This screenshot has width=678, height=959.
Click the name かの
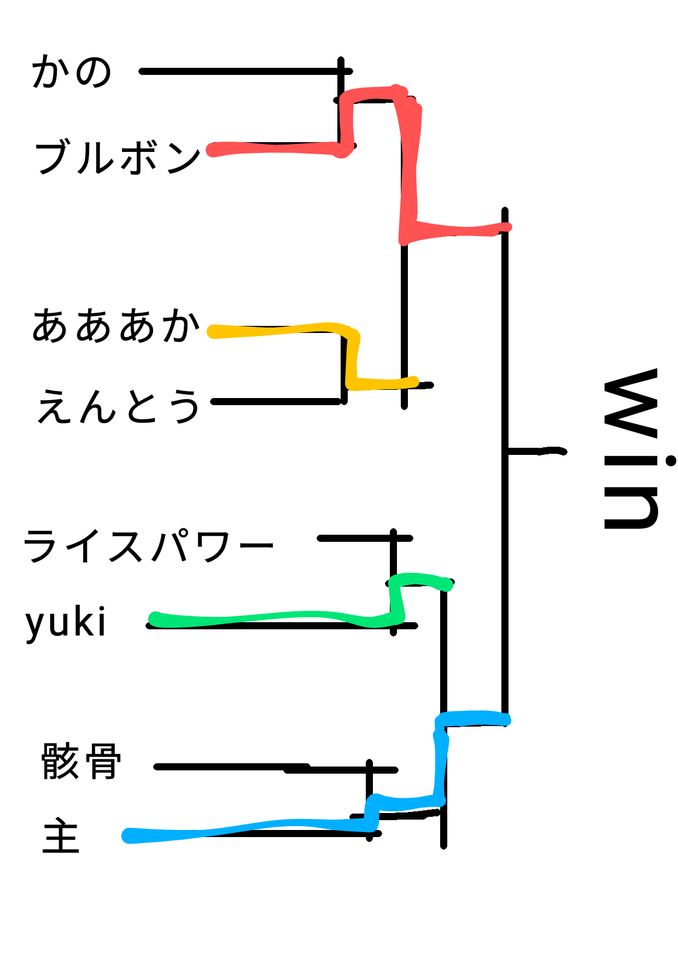click(72, 72)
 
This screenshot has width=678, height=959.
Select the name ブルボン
click(118, 157)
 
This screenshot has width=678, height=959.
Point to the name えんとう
click(118, 406)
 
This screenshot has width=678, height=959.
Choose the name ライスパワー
click(148, 546)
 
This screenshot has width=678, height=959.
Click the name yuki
click(66, 623)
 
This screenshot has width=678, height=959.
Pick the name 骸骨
click(81, 761)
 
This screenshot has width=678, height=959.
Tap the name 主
click(61, 835)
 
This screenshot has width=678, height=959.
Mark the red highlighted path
click(410, 164)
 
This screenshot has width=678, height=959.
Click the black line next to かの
click(241, 72)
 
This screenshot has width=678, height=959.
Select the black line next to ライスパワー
click(355, 539)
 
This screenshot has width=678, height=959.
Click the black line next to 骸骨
click(230, 767)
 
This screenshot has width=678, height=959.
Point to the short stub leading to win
click(536, 451)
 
